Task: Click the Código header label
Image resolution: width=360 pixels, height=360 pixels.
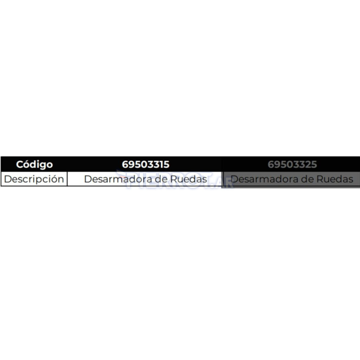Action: (x=34, y=165)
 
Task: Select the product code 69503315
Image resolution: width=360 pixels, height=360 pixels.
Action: (x=146, y=165)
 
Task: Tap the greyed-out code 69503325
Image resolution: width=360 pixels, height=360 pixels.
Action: (x=292, y=165)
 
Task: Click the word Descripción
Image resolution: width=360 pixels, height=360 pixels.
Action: (x=34, y=179)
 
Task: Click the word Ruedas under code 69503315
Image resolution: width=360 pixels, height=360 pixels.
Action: (x=189, y=179)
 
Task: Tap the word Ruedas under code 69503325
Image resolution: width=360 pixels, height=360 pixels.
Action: (x=335, y=179)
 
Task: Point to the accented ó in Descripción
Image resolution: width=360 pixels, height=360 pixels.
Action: (x=52, y=179)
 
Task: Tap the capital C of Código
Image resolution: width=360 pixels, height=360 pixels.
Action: (x=20, y=165)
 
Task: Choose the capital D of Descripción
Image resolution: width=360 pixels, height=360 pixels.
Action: (x=8, y=179)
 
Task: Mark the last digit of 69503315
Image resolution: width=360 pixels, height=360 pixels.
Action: (x=167, y=165)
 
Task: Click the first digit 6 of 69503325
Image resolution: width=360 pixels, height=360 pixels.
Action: (x=271, y=165)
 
